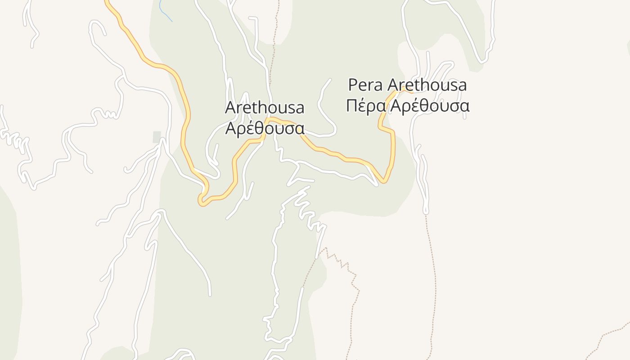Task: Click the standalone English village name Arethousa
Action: coord(265,108)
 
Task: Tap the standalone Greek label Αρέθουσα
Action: coord(265,128)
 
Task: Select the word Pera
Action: coord(366,85)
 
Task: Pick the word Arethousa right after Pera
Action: coord(427,85)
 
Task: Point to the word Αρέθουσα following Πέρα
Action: coord(430,106)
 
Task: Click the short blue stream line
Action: coord(165,11)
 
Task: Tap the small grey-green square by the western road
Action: coord(157,137)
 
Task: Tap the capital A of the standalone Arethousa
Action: coord(230,108)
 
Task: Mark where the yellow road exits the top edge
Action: coord(107,1)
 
